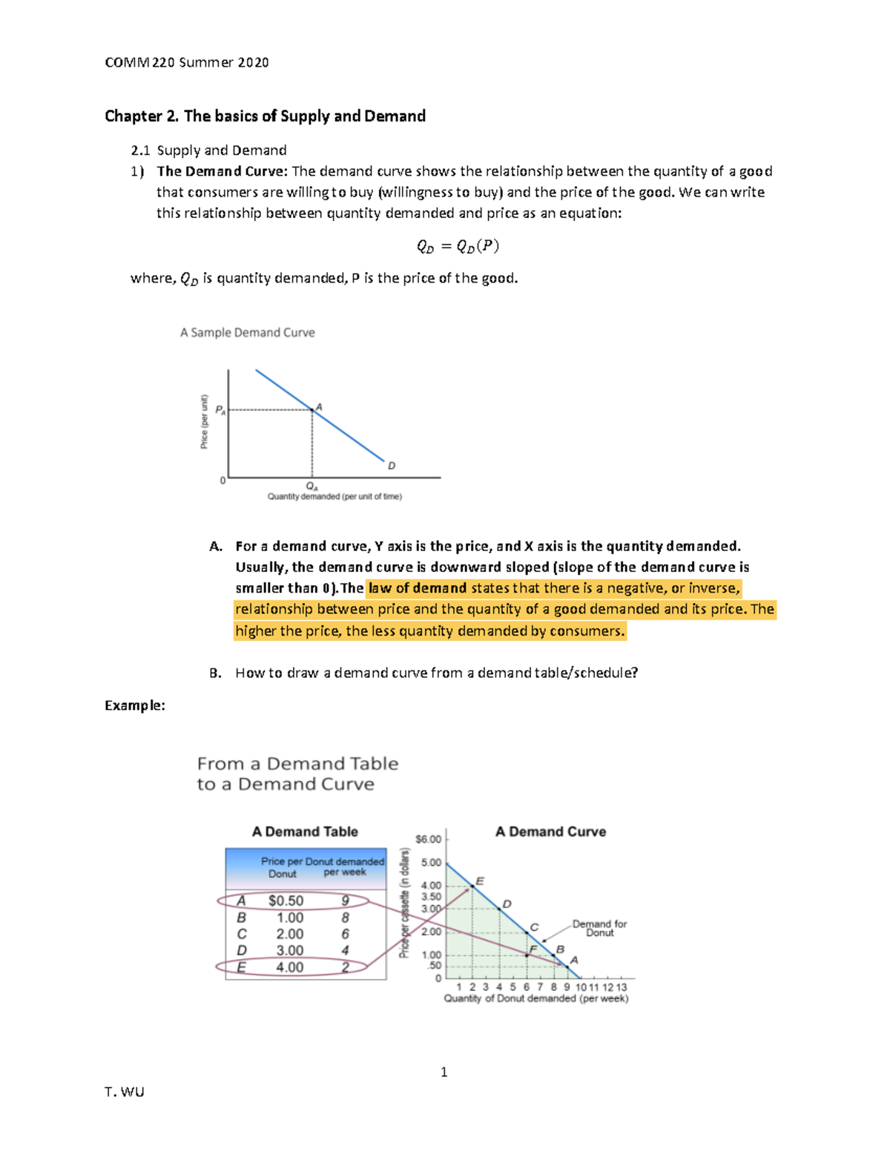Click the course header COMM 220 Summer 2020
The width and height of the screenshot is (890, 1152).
click(x=187, y=62)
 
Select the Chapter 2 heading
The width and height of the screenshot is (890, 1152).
click(x=265, y=116)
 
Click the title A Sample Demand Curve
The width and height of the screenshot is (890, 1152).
click(x=247, y=332)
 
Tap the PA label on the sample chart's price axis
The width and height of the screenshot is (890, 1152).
click(x=220, y=409)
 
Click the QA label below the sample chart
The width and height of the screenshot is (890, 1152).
click(x=312, y=487)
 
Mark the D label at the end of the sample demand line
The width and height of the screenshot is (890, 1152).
click(x=392, y=466)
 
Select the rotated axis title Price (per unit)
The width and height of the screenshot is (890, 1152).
click(x=205, y=421)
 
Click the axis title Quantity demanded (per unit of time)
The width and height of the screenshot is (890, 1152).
click(x=334, y=497)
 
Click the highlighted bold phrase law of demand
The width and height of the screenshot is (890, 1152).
click(x=418, y=588)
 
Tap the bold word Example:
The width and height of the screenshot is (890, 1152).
click(x=135, y=705)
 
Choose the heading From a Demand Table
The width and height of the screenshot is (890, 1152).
click(x=297, y=763)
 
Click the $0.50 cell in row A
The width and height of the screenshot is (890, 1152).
click(x=286, y=901)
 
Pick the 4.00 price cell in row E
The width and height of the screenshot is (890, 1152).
click(x=289, y=967)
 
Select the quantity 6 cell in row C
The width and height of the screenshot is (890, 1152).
click(x=345, y=934)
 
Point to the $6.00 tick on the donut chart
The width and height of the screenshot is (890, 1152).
click(x=428, y=839)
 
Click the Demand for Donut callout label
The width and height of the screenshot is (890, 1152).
click(x=599, y=928)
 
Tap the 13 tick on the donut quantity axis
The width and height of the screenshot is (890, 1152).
click(x=622, y=987)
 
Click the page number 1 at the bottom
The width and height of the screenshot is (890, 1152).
click(x=444, y=1072)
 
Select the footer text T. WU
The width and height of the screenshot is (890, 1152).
click(x=125, y=1092)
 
